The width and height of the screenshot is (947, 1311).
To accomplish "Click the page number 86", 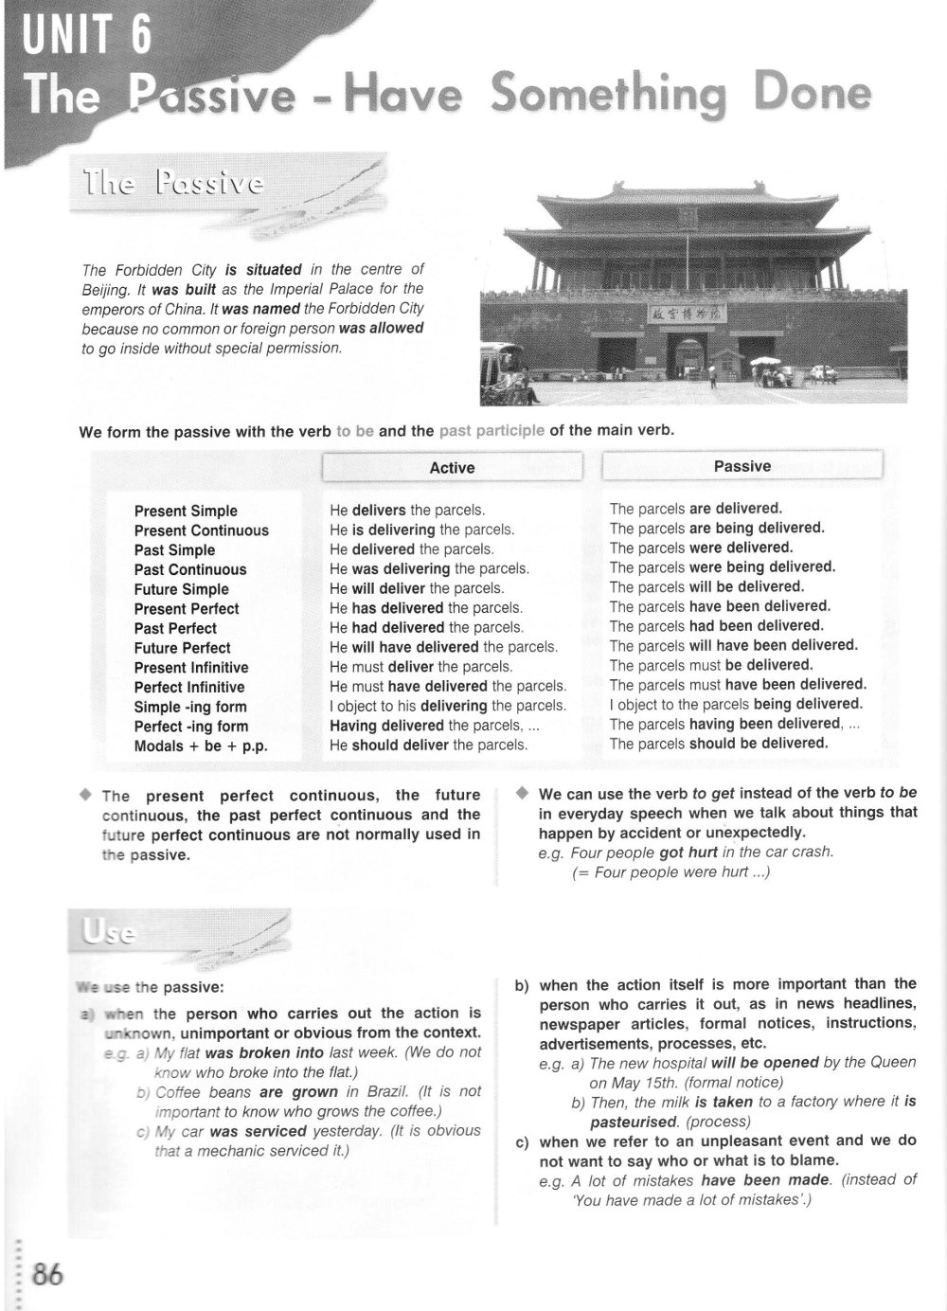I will (x=47, y=1273).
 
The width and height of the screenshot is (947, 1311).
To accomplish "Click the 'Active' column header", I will (x=452, y=468).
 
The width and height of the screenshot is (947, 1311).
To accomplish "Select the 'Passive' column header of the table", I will (x=742, y=466).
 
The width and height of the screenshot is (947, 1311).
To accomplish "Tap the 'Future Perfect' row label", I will (x=182, y=648).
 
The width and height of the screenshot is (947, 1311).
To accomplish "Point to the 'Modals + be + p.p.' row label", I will (x=201, y=745).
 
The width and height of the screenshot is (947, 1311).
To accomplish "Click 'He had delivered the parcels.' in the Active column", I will (x=426, y=627).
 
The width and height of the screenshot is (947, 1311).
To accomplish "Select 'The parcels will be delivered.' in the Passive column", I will (x=706, y=586).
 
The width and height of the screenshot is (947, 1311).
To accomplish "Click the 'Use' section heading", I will (x=108, y=934).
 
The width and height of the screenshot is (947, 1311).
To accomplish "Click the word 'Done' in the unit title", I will (x=811, y=95).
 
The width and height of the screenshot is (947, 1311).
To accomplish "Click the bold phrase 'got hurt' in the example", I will (x=688, y=853).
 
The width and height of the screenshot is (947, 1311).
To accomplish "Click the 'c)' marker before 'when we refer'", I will (x=521, y=1141).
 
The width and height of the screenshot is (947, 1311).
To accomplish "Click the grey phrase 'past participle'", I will (x=491, y=430).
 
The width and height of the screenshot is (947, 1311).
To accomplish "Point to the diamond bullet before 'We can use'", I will (x=521, y=794).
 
